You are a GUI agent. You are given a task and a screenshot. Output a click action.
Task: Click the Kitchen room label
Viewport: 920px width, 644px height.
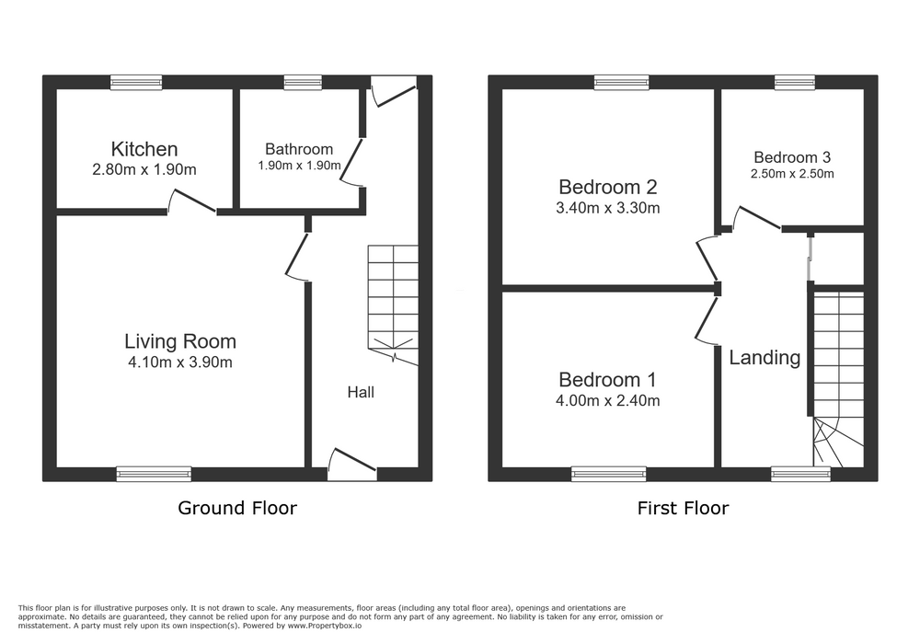(x=144, y=149)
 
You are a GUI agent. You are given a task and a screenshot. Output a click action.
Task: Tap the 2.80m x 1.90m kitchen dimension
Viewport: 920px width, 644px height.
(x=144, y=170)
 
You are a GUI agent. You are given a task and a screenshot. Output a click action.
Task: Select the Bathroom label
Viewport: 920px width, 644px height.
(x=299, y=149)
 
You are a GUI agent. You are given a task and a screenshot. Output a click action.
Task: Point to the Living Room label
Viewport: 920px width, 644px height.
(x=180, y=341)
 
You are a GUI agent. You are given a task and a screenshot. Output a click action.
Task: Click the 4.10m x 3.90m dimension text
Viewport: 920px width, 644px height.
(x=180, y=362)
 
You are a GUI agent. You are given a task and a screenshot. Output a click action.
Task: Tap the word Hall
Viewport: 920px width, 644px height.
(x=361, y=393)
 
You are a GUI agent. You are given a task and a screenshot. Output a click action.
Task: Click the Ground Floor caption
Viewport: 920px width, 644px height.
(x=237, y=508)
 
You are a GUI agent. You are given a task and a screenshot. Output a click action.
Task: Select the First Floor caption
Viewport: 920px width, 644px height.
(x=683, y=508)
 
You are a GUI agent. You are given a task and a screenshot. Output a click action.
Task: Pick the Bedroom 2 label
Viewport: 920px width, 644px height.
(x=608, y=187)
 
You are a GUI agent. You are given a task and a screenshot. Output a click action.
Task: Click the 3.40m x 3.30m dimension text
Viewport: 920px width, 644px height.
(x=608, y=208)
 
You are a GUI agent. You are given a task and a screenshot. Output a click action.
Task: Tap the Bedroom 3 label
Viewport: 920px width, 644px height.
(x=792, y=157)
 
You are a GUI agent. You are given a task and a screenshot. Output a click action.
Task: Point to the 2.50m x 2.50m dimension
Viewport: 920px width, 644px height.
(x=792, y=174)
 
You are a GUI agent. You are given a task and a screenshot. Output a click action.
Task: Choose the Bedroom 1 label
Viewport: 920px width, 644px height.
(x=608, y=380)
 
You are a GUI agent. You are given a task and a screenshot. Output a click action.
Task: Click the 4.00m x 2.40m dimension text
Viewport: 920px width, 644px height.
(x=608, y=401)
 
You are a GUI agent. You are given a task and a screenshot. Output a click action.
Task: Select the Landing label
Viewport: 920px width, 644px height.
(x=765, y=358)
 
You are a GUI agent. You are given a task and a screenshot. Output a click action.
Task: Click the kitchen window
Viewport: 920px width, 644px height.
(x=137, y=83)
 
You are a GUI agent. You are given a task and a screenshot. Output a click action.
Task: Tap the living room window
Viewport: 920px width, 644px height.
(x=154, y=474)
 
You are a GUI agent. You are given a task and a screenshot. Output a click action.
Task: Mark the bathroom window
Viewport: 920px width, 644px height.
(x=303, y=83)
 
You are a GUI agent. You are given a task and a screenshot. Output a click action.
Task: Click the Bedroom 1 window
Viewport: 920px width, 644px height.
(x=609, y=474)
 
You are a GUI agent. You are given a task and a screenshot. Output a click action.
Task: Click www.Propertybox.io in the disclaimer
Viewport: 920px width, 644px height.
(x=325, y=626)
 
